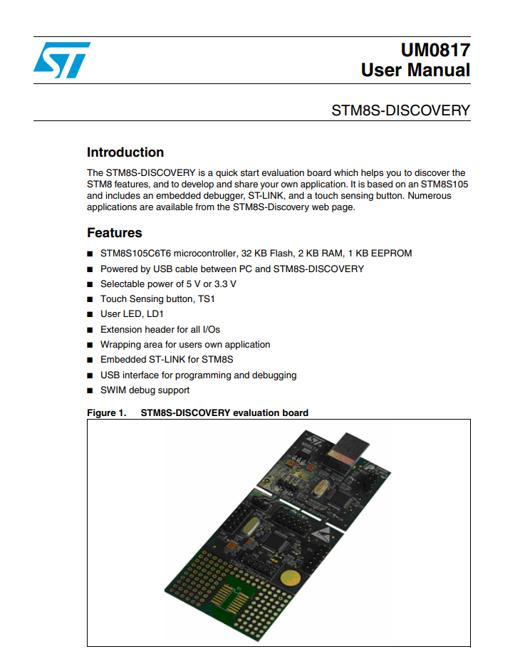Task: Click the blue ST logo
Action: pyautogui.click(x=62, y=59)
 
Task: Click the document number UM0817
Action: pyautogui.click(x=435, y=50)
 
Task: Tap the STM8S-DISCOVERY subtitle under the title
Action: pyautogui.click(x=401, y=110)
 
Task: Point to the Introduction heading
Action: pyautogui.click(x=125, y=152)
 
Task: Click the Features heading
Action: pyautogui.click(x=115, y=233)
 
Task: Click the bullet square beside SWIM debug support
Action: pyautogui.click(x=90, y=390)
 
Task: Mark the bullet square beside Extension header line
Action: pyautogui.click(x=90, y=330)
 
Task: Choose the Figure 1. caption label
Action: pyautogui.click(x=106, y=412)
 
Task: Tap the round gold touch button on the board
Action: pyautogui.click(x=289, y=578)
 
